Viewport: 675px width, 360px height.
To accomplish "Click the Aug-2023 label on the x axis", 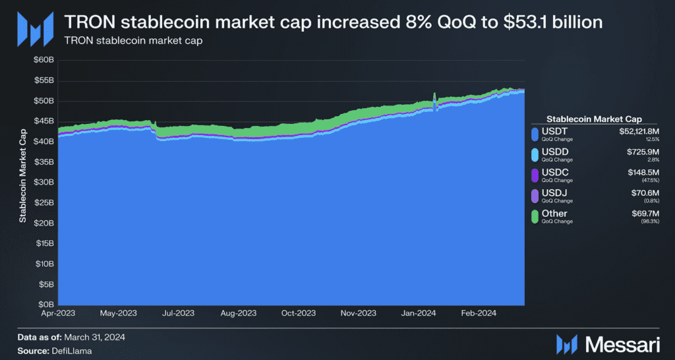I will point(238,315).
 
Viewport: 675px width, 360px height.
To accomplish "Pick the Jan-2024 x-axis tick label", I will point(419,315).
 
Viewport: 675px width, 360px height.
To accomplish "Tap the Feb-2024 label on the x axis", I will point(478,315).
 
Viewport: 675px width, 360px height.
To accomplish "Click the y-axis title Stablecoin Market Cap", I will point(22,181).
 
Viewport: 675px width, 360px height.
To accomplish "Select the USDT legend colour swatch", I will point(535,135).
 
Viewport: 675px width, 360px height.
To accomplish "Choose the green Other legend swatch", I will point(535,216).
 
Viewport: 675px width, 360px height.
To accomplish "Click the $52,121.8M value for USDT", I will point(638,132).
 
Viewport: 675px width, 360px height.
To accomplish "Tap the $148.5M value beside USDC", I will point(644,172).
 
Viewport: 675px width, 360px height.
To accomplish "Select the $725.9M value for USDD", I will point(644,152).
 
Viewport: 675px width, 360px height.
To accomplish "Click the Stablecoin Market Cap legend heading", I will point(595,119).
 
